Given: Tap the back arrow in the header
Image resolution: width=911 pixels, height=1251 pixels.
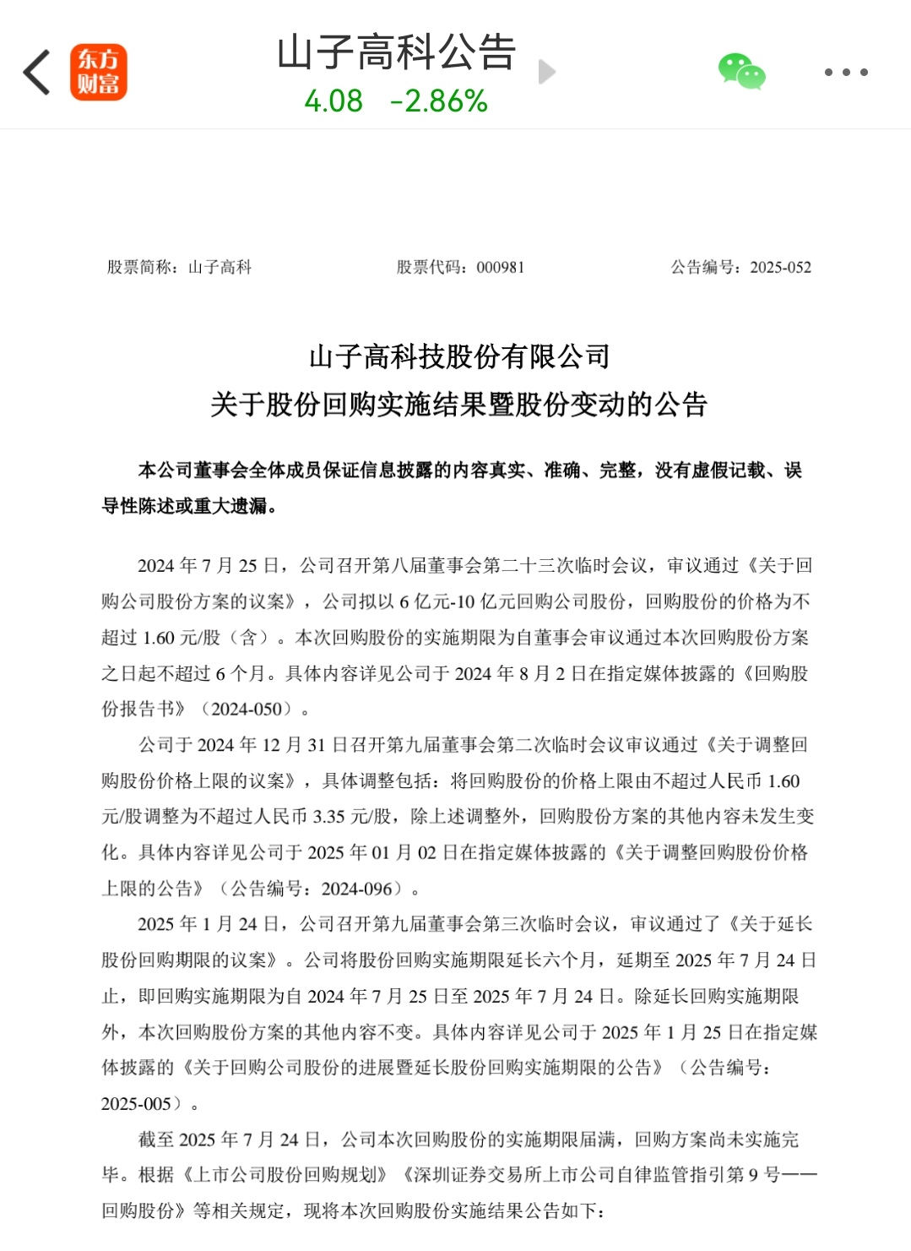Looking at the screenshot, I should click(x=36, y=72).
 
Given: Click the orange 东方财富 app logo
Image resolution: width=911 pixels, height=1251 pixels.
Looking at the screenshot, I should click(x=98, y=72).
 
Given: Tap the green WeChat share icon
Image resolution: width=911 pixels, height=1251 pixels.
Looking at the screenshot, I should click(x=741, y=72).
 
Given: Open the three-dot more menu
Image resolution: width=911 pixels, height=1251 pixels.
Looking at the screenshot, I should click(x=846, y=73).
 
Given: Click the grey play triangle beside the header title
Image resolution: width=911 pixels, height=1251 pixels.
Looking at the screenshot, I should click(x=547, y=72).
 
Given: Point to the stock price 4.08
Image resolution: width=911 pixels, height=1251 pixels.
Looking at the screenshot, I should click(x=333, y=101).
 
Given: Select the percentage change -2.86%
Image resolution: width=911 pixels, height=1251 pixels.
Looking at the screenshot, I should click(x=439, y=101).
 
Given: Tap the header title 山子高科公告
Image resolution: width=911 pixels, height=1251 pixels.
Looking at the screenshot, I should click(x=396, y=52).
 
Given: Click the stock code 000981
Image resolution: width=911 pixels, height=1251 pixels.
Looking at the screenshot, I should click(x=501, y=268).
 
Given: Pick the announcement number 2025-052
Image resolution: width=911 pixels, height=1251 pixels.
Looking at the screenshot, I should click(x=780, y=268).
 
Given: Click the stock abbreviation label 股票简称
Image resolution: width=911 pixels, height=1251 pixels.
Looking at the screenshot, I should click(x=140, y=268).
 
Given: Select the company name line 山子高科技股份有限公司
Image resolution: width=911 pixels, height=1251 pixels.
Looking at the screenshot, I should click(x=459, y=356).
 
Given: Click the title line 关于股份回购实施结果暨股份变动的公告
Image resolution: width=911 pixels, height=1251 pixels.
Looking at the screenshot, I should click(x=458, y=405).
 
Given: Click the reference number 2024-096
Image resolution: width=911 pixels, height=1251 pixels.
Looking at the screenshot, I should click(x=357, y=889).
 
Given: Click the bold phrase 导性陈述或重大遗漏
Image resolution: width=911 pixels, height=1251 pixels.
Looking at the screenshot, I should click(x=185, y=506).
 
